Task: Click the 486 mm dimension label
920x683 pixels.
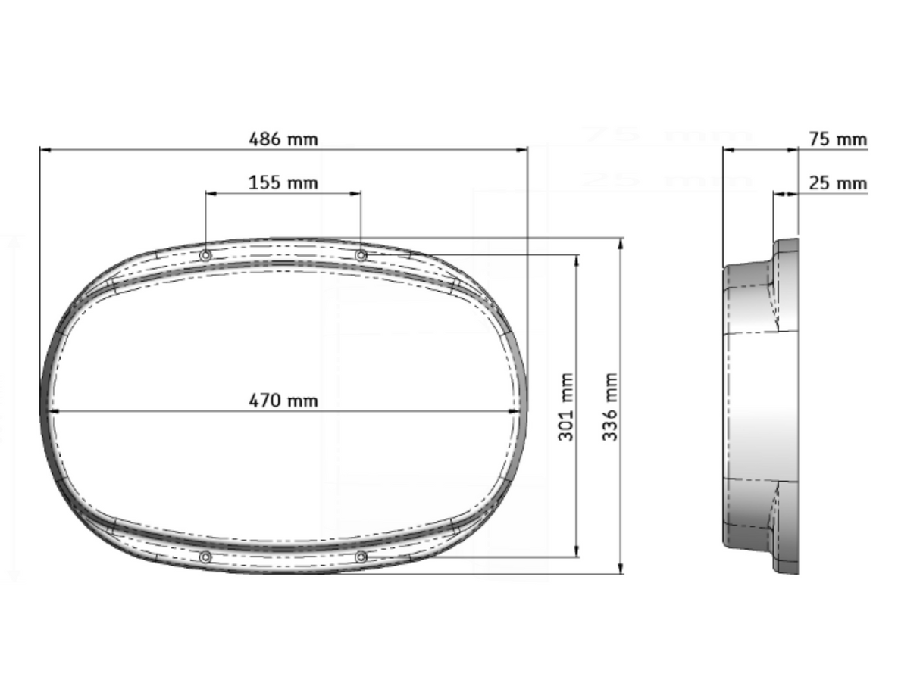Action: click(283, 139)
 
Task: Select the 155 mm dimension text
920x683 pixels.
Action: click(283, 182)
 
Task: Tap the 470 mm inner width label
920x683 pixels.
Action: click(283, 400)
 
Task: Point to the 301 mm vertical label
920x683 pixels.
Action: click(566, 407)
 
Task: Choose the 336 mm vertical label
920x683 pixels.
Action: click(611, 407)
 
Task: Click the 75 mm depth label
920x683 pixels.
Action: click(837, 139)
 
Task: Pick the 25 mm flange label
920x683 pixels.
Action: click(837, 183)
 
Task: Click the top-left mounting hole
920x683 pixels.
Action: click(205, 255)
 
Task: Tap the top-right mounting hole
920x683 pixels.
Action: click(361, 255)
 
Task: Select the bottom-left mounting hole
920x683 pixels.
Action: click(205, 557)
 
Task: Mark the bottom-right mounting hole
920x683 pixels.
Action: click(361, 557)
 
